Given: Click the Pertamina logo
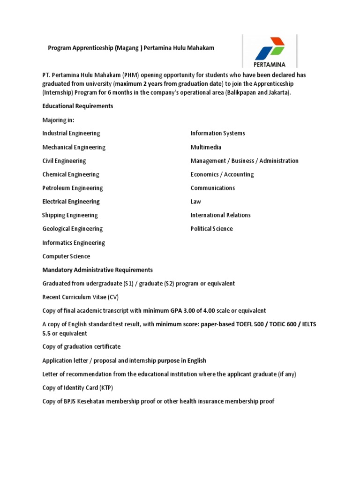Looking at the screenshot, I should [x=270, y=50].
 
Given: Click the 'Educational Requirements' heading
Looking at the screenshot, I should [x=78, y=106].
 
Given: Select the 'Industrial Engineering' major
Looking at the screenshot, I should [x=71, y=134].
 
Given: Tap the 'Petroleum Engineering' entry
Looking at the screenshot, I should [x=72, y=188].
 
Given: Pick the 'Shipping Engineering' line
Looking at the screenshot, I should [x=70, y=215].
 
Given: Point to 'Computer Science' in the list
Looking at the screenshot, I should [x=66, y=256].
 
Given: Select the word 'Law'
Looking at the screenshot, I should [x=195, y=202].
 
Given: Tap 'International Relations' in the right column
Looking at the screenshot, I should [x=220, y=215].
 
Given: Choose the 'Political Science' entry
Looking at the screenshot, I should [x=211, y=229].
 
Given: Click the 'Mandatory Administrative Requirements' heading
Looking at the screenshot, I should [x=97, y=270].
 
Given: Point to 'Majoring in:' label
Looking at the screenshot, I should [x=58, y=120].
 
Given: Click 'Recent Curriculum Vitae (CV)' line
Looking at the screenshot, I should [x=81, y=297].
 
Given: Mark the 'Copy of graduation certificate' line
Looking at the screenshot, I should [x=81, y=346].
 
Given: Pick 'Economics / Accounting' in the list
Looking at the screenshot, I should [x=222, y=174].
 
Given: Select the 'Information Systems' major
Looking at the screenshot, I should [x=217, y=134].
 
